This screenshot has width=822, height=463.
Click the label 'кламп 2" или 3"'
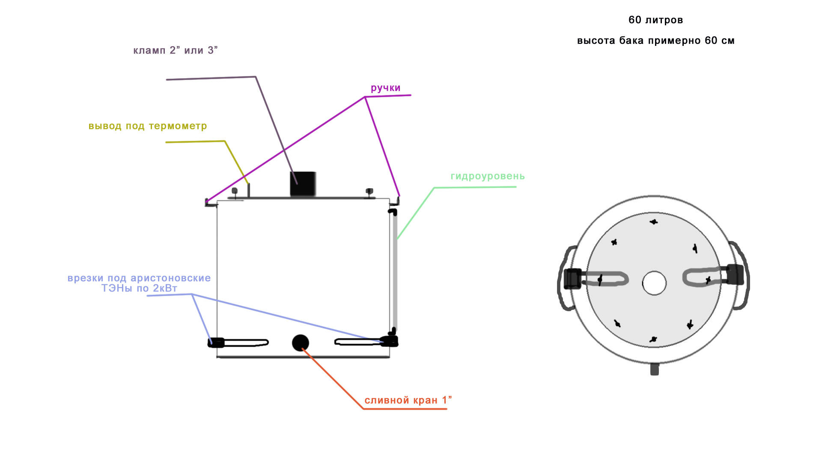point(176,50)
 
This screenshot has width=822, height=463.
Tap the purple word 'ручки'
point(385,88)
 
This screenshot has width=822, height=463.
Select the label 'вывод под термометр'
point(148,126)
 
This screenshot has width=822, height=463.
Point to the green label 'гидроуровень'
point(488,176)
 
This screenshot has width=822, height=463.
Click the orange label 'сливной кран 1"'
point(408,400)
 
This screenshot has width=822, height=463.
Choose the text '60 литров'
point(655,20)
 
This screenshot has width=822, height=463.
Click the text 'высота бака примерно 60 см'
point(655,41)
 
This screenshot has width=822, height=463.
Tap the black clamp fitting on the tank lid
point(303,184)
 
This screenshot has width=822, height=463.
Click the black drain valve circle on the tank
point(301,343)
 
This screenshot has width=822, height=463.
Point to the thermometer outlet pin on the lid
point(249,190)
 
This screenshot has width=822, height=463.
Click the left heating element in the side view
point(238,343)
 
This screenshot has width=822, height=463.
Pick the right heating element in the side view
point(366,342)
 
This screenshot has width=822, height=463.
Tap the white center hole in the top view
point(654,283)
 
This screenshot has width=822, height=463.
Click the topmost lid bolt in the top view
point(654,222)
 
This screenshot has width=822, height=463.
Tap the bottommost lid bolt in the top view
point(653,340)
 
